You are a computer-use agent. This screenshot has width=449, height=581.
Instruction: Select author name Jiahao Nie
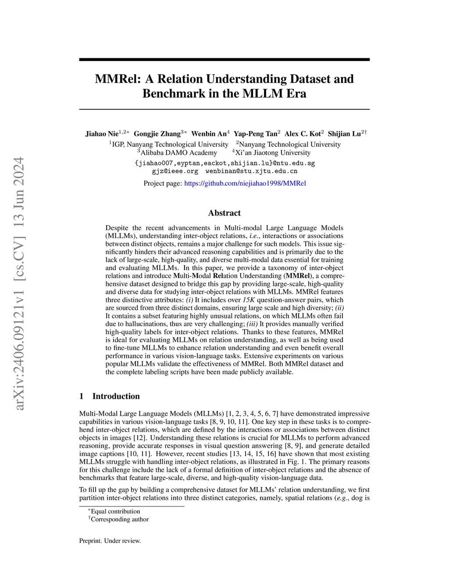tap(102, 134)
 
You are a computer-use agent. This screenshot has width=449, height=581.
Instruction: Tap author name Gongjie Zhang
tap(157, 134)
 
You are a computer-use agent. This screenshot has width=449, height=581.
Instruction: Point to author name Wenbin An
tap(209, 134)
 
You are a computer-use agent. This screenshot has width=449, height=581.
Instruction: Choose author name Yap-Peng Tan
tap(255, 134)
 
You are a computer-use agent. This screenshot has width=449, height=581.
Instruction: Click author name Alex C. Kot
tap(303, 134)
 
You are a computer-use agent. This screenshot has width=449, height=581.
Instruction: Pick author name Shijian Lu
tap(344, 134)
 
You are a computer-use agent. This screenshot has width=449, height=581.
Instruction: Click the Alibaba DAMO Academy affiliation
tap(178, 153)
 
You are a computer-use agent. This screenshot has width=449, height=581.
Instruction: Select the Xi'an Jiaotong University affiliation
tap(273, 153)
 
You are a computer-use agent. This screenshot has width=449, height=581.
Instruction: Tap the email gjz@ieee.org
tap(175, 171)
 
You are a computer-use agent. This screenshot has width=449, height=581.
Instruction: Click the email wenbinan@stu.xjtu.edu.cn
tap(251, 171)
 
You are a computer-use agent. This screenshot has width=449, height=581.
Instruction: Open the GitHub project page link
tap(245, 183)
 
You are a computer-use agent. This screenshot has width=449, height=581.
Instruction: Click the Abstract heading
tap(224, 213)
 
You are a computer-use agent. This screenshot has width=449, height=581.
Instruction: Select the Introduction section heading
tap(116, 396)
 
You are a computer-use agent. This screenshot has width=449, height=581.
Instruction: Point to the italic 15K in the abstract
tap(249, 300)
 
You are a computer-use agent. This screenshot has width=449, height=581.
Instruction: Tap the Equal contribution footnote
tap(115, 511)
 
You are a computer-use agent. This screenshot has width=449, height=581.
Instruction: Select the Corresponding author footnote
tap(120, 519)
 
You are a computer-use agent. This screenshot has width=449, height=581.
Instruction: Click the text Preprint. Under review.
tap(110, 541)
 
